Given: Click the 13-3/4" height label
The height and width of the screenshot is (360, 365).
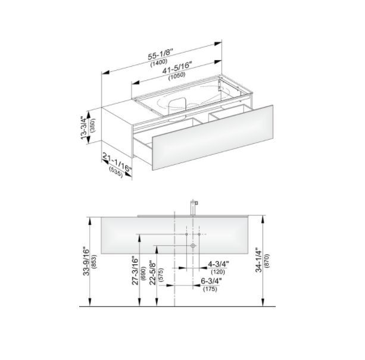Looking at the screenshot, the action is (x=84, y=127).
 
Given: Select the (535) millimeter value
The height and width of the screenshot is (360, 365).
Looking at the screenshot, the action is (x=116, y=173).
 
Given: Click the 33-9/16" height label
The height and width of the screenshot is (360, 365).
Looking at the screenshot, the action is (x=86, y=262).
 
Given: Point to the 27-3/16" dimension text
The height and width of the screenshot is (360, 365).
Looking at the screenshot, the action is (x=135, y=271).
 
